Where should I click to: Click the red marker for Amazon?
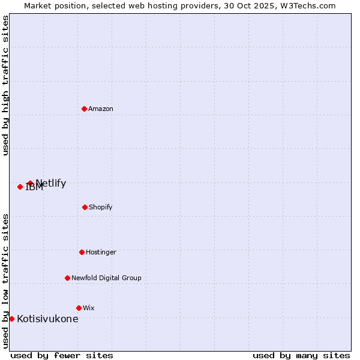84,109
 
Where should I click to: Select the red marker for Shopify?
85,207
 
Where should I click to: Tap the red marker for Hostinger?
82,252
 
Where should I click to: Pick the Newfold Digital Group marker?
67,278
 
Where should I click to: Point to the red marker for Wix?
79,308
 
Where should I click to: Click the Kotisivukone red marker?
11,319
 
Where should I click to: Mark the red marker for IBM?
20,187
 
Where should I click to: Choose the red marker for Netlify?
30,183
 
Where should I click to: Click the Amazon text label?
101,109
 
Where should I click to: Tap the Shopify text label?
101,207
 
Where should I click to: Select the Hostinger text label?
101,252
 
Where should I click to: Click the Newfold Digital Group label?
106,278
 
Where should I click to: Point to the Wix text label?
89,308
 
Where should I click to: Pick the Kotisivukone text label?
47,319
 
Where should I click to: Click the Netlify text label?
51,184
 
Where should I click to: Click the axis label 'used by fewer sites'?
62,355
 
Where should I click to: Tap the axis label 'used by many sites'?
301,355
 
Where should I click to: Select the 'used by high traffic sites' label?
5,86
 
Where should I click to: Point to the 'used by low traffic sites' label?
5,280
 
